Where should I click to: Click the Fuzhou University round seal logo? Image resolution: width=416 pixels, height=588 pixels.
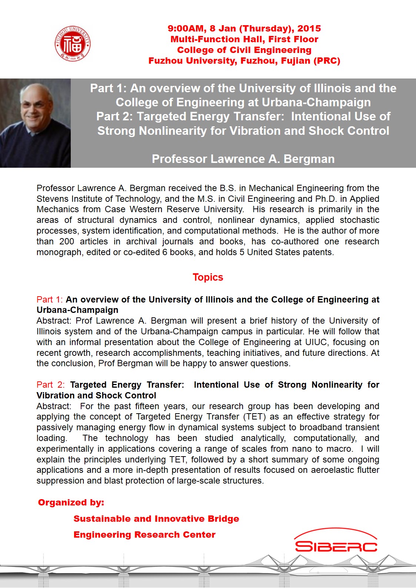72,44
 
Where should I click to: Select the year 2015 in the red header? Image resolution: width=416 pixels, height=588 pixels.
309,29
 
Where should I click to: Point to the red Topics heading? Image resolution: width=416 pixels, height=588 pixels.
208,277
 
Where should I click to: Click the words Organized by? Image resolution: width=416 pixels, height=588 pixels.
71,502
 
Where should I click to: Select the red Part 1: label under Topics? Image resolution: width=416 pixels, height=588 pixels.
50,300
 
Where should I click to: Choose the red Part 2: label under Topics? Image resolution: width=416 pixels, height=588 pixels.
50,385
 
